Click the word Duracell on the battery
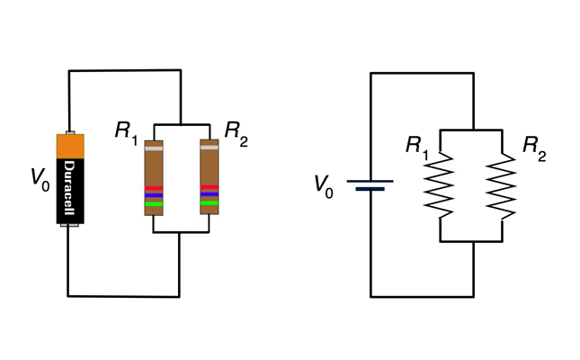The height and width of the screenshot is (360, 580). pos(69,190)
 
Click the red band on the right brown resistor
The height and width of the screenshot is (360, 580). pos(210,187)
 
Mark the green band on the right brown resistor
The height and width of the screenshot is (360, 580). pos(210,203)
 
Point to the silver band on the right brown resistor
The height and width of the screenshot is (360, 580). pos(210,148)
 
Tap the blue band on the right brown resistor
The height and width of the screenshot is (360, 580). pos(210,195)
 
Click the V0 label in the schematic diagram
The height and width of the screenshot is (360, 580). pos(324,184)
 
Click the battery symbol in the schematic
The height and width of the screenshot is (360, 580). pos(370,184)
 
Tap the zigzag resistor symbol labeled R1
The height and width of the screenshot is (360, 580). pos(440,185)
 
